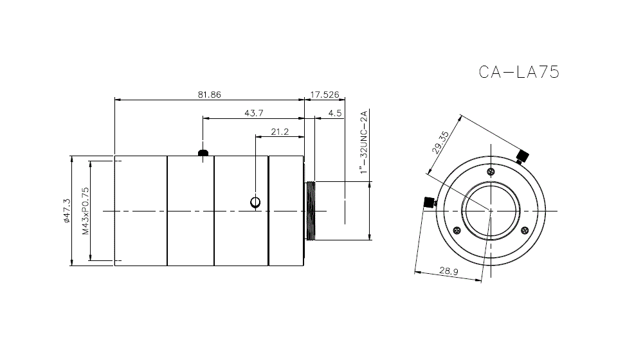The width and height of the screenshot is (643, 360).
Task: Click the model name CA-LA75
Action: click(x=519, y=71)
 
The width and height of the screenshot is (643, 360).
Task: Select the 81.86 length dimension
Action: click(x=210, y=94)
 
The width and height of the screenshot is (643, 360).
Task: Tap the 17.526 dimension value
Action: click(x=325, y=94)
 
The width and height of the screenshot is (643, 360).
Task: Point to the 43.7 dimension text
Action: click(x=253, y=113)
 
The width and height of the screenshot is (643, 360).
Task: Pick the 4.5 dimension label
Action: click(x=334, y=113)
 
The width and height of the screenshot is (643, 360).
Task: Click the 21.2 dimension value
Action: click(x=279, y=131)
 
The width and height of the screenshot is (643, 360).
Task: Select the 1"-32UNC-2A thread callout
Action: click(x=364, y=142)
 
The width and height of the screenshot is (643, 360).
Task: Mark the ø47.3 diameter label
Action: click(x=66, y=211)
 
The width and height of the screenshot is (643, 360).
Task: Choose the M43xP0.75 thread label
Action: click(x=85, y=211)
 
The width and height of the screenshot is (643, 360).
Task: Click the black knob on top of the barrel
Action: click(x=203, y=153)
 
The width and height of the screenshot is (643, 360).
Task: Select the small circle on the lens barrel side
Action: click(x=255, y=203)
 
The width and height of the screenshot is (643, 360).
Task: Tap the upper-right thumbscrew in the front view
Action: click(x=523, y=155)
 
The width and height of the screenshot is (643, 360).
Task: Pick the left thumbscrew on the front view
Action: click(x=428, y=203)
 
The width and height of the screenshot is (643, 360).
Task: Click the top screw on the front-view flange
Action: click(x=491, y=172)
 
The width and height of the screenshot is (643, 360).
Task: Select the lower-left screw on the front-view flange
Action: click(x=457, y=231)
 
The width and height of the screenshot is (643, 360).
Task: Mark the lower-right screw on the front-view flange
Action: click(x=525, y=231)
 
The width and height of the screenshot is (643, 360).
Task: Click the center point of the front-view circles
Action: click(x=491, y=211)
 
